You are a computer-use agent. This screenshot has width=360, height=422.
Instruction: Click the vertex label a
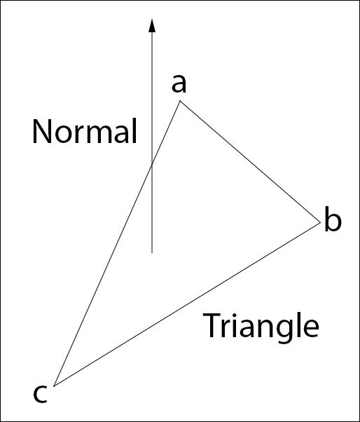(179, 83)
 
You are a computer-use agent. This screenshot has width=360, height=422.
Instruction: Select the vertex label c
(41, 394)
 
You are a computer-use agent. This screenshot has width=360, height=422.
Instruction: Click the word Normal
(85, 131)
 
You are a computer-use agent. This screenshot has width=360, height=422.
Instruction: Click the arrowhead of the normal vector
(152, 25)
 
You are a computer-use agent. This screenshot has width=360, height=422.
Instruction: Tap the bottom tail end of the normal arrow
(152, 253)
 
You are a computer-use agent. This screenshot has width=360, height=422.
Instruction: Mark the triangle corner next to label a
(180, 101)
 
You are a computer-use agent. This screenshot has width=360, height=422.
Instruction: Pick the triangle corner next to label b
(321, 223)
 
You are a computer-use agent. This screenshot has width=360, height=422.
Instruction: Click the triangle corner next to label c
(54, 386)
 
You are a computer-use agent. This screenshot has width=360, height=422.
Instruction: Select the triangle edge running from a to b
(250, 162)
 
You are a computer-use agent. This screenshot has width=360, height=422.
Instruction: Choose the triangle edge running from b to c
(187, 304)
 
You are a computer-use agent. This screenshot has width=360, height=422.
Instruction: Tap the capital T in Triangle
(212, 325)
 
